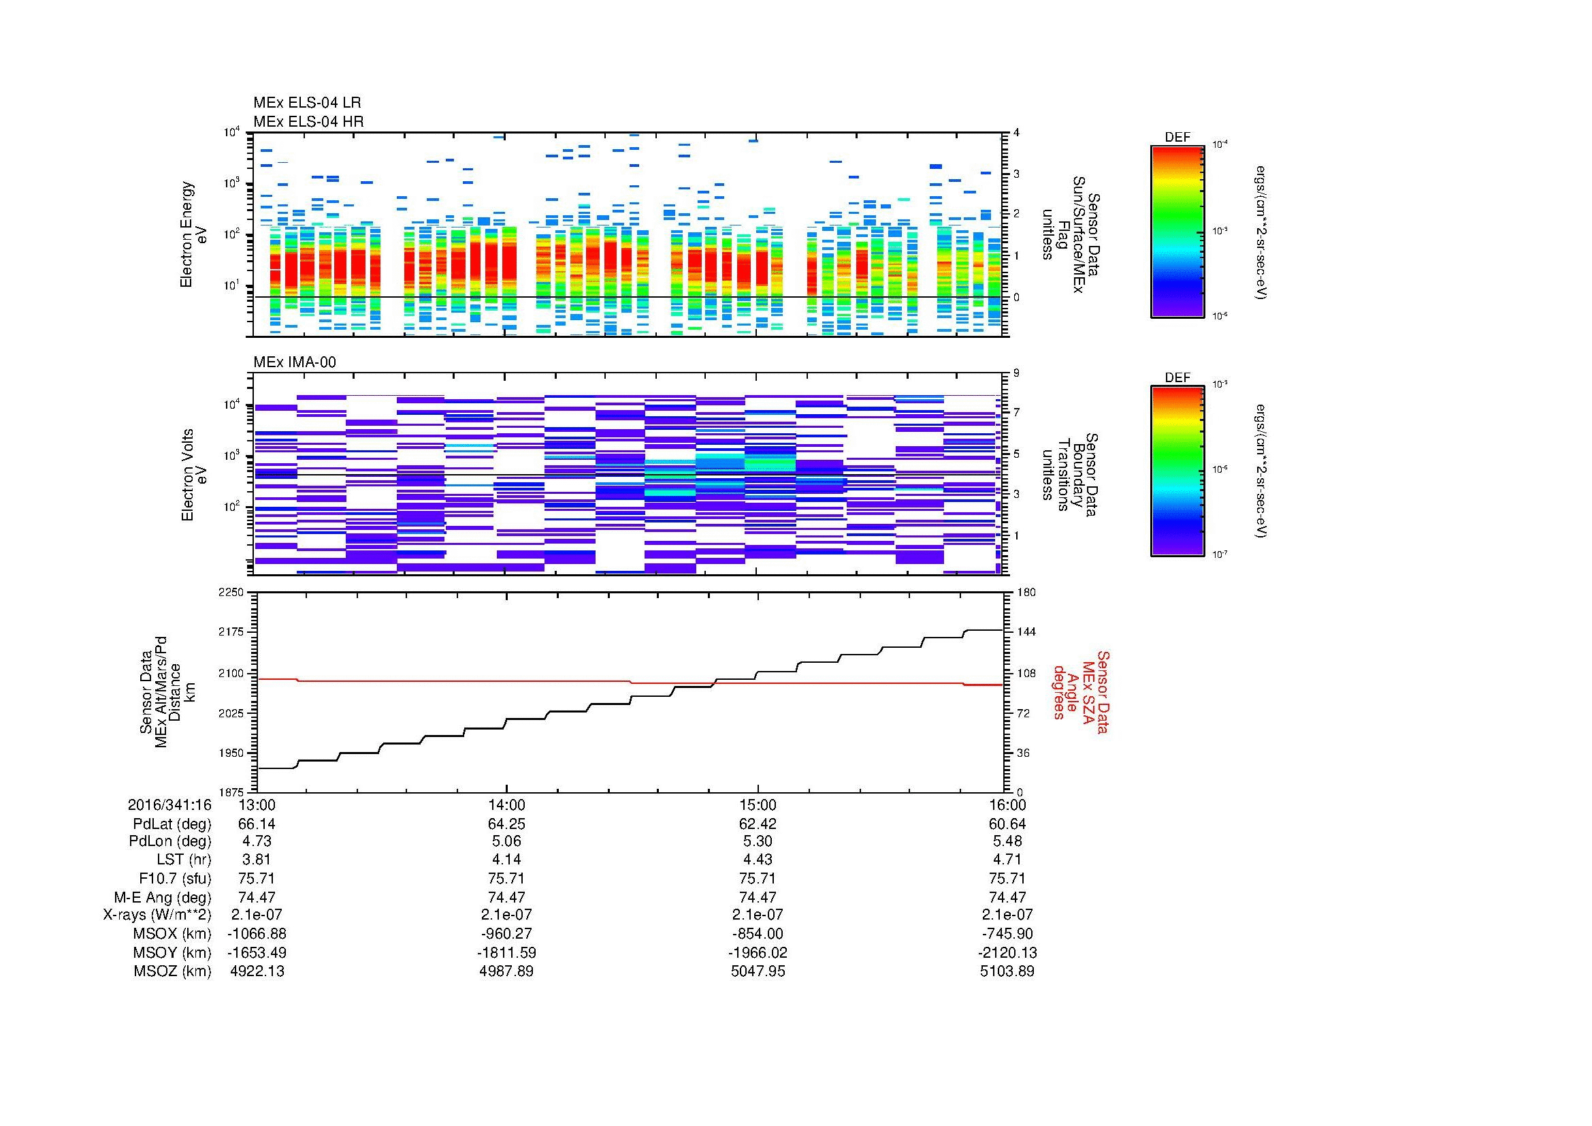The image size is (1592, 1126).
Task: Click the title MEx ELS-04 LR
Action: (306, 103)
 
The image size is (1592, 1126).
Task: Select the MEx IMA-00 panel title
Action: (295, 362)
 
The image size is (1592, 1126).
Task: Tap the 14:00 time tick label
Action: (507, 805)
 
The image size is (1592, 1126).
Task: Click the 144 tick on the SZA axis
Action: (1026, 632)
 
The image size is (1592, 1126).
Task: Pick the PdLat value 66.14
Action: (257, 824)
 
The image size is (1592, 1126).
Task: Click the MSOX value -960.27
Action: (507, 934)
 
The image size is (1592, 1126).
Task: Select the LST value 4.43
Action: (758, 860)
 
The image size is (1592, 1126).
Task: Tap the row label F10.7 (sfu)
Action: (176, 879)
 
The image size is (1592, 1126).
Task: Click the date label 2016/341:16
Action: (169, 805)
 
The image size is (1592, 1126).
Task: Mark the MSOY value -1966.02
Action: (758, 952)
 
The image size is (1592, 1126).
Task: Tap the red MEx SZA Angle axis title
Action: (1080, 691)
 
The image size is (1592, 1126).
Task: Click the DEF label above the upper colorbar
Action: (1177, 138)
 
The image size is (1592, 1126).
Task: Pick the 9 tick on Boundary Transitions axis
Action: (1016, 373)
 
